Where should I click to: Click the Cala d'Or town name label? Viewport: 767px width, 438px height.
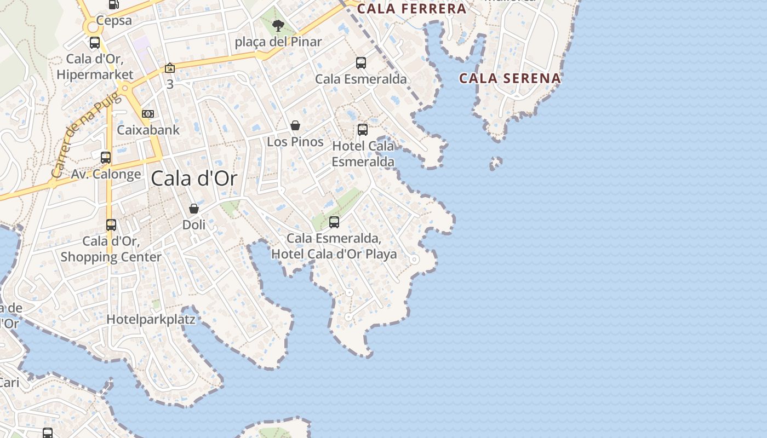194,178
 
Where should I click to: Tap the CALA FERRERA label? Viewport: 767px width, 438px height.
411,9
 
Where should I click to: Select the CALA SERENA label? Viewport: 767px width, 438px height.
510,78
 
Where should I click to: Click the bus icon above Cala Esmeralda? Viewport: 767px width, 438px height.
360,63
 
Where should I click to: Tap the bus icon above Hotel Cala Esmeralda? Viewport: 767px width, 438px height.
362,130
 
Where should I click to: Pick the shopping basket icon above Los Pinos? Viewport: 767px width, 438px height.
295,126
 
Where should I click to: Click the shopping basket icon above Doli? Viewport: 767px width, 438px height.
193,209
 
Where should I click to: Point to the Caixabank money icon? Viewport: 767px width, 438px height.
148,114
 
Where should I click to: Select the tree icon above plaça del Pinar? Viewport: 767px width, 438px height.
278,25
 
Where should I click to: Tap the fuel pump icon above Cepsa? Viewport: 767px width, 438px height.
114,4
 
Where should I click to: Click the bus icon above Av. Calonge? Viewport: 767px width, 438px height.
106,158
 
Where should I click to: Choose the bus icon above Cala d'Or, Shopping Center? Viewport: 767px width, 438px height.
111,225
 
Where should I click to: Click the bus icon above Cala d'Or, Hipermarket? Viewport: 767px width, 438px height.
95,43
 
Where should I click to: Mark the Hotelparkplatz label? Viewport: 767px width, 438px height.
151,319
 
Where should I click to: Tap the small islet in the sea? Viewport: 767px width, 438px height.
496,163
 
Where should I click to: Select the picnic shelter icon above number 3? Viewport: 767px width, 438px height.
170,68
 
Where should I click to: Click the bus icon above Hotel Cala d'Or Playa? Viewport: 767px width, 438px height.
334,222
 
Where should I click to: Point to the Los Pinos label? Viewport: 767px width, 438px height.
295,142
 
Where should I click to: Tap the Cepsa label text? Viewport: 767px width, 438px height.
114,21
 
